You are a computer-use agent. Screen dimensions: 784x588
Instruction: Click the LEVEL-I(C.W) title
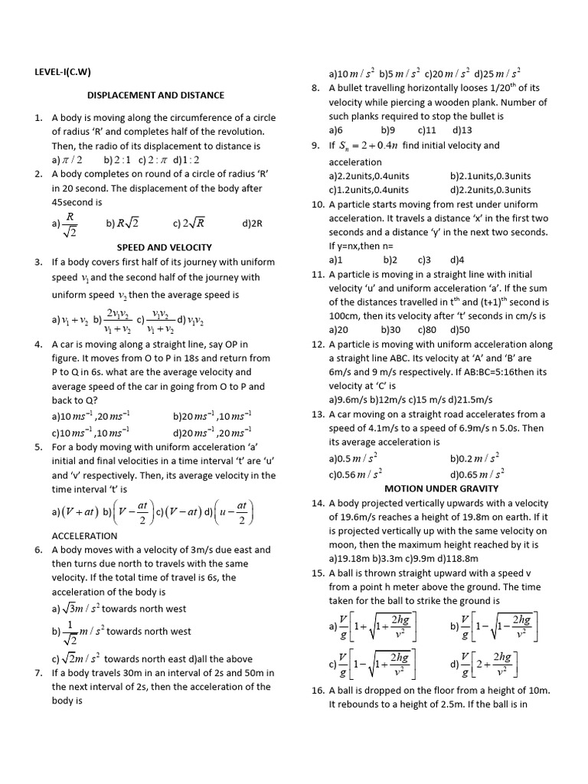tap(64, 73)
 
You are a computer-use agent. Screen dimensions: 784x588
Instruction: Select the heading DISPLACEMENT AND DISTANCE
tap(155, 95)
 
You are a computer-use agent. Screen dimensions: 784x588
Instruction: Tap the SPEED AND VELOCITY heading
tap(164, 247)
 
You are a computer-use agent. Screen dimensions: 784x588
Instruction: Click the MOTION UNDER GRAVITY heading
tap(441, 488)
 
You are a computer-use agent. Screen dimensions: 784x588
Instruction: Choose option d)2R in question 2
tap(252, 224)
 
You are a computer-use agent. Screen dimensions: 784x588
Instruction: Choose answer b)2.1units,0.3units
tap(491, 176)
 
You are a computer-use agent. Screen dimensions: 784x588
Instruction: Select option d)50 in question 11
tap(460, 329)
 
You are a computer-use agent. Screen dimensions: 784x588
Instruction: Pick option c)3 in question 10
tap(424, 260)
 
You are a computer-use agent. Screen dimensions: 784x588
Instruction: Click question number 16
tap(318, 690)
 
